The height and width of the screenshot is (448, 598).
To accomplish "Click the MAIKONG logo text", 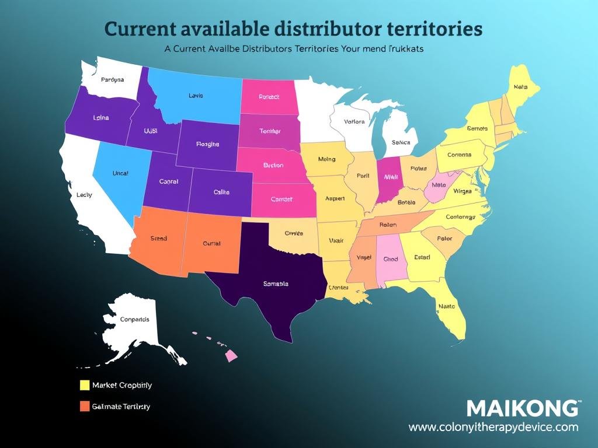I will [x=523, y=408].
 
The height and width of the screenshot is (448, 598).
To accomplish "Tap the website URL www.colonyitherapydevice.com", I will [x=493, y=428].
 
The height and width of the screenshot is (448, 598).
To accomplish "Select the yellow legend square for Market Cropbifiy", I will [x=84, y=385].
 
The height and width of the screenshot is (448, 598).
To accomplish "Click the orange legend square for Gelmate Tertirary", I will [x=84, y=406].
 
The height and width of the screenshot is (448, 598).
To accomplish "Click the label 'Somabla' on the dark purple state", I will [x=276, y=284].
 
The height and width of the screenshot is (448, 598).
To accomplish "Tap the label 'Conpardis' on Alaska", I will [x=134, y=319].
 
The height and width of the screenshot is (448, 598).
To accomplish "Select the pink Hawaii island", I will [x=231, y=355].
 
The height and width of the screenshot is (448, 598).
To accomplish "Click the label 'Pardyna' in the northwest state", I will [x=112, y=80].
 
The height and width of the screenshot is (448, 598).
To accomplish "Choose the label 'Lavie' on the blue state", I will [x=196, y=95].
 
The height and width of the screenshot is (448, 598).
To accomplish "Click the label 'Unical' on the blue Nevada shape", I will [x=120, y=173].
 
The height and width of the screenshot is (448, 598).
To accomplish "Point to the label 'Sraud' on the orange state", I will [x=158, y=238].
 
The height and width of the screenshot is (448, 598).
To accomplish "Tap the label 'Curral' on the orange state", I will [x=211, y=243].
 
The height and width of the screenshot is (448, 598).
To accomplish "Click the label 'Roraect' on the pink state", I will [x=269, y=97].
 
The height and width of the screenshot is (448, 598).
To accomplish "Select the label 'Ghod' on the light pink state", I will [x=390, y=259].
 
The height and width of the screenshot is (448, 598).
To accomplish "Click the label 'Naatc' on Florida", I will [x=447, y=305].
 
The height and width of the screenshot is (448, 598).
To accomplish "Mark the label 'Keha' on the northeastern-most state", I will [x=520, y=87].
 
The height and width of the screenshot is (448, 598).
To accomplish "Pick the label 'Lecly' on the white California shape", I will [x=84, y=195].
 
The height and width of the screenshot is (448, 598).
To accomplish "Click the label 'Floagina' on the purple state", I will [x=207, y=143].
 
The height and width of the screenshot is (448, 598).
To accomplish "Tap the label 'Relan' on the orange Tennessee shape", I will [x=387, y=225].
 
